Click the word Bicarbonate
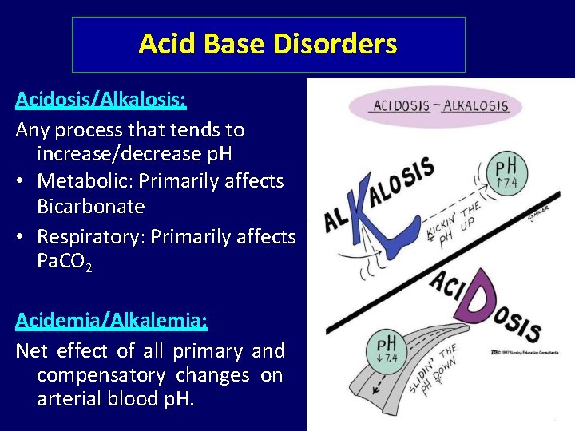click(90, 207)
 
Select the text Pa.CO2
click(64, 263)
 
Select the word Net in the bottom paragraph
click(31, 350)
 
